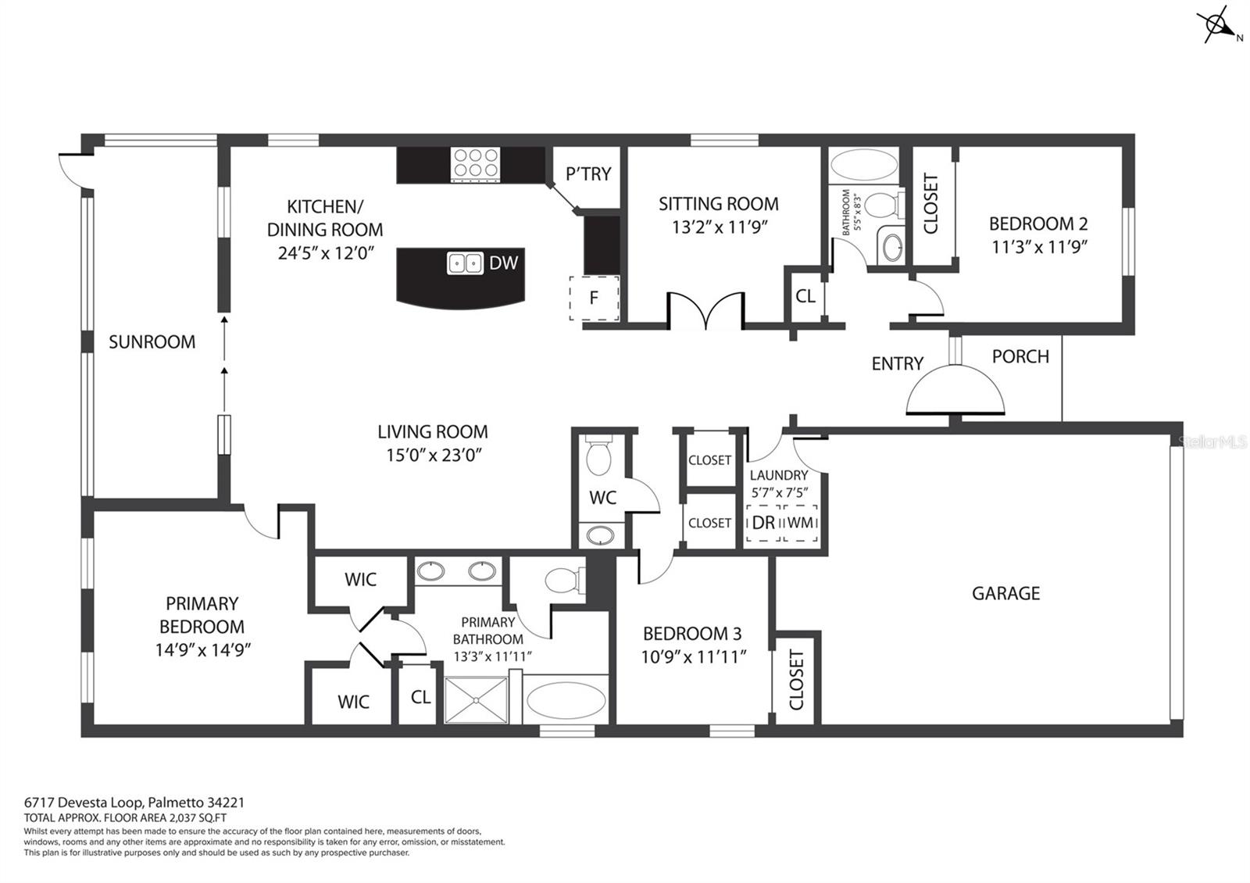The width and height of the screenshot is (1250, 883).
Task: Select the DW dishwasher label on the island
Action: tap(503, 263)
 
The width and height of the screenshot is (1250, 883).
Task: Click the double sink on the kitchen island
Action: tap(466, 263)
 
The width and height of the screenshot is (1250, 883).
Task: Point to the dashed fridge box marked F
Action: tap(594, 298)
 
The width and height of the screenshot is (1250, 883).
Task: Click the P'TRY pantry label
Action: tap(588, 173)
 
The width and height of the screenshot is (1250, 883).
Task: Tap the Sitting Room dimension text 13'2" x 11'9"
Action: tap(718, 227)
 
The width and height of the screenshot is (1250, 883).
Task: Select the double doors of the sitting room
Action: tap(705, 311)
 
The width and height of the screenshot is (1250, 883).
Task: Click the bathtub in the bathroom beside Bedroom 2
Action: tap(863, 166)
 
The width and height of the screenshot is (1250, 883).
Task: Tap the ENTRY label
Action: tap(897, 363)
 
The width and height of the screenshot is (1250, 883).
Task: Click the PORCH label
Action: tap(1020, 356)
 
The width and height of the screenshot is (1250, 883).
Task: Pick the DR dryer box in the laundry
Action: tap(763, 523)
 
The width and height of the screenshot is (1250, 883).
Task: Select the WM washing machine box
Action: tap(800, 523)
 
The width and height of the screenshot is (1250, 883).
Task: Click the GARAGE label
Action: tap(1005, 593)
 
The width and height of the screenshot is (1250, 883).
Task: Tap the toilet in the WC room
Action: tap(599, 458)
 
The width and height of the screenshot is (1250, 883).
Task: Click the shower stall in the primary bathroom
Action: tap(476, 699)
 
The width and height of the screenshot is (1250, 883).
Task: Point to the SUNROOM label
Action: tap(152, 341)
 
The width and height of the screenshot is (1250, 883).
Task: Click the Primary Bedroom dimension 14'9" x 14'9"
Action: tap(202, 649)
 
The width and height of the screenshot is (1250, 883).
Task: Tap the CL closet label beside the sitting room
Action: tap(805, 296)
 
